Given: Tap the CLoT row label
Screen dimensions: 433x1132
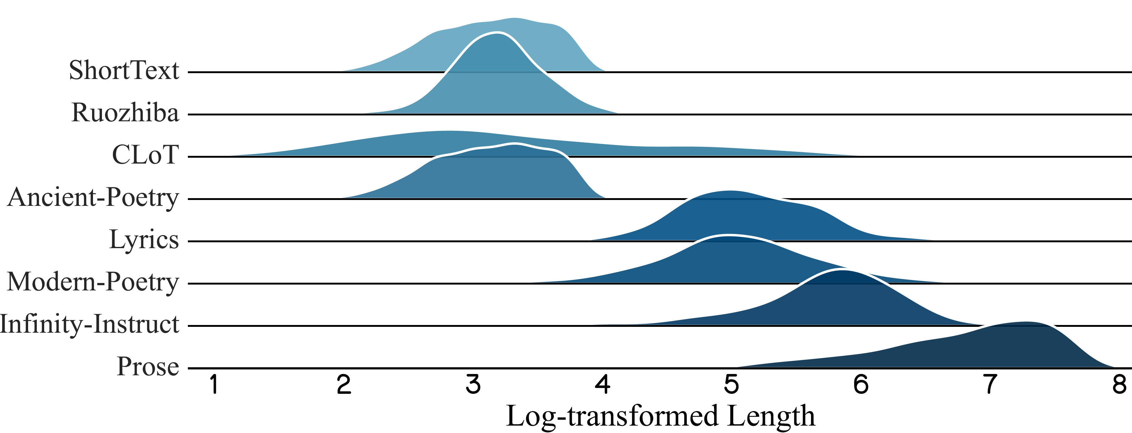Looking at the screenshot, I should click(x=146, y=155).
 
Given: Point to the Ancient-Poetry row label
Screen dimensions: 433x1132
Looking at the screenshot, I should click(x=93, y=197).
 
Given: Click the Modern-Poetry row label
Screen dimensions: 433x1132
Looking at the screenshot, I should click(x=93, y=282).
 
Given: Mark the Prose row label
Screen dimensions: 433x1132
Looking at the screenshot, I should click(x=148, y=366).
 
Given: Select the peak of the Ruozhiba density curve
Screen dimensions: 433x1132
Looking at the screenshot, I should click(x=496, y=33).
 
